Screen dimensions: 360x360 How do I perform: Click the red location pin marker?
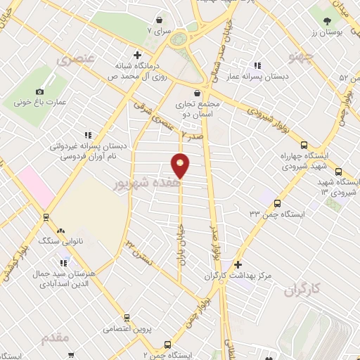[x=181, y=166]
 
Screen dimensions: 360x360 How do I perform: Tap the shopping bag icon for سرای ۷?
[x=163, y=20]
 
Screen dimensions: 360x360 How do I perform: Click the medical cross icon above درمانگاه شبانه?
[x=137, y=55]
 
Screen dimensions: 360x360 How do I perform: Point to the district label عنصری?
[x=79, y=60]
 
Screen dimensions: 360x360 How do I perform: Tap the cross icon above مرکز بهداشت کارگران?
[x=238, y=265]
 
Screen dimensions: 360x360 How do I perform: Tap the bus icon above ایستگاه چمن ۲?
[x=167, y=345]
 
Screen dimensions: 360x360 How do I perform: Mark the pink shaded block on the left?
[x=35, y=186]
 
